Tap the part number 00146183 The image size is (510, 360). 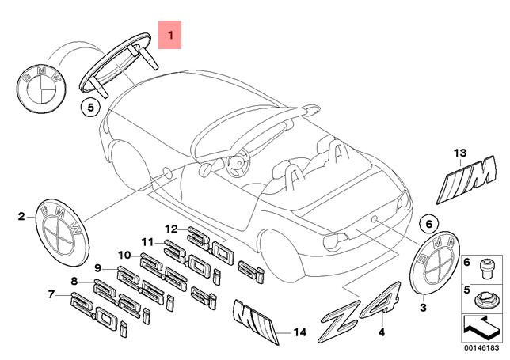tap(481, 349)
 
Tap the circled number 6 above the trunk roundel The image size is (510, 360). tap(426, 224)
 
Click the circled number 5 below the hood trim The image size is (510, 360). tap(90, 104)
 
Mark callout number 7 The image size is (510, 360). tap(51, 295)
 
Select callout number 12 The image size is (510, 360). tap(170, 229)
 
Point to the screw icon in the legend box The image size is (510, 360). tap(489, 266)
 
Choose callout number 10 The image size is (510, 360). tap(124, 255)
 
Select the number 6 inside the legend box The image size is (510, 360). tap(466, 262)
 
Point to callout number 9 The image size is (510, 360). tap(98, 267)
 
